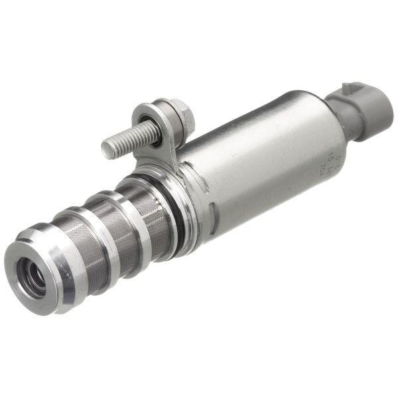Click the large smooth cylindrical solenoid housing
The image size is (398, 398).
click(265, 159)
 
